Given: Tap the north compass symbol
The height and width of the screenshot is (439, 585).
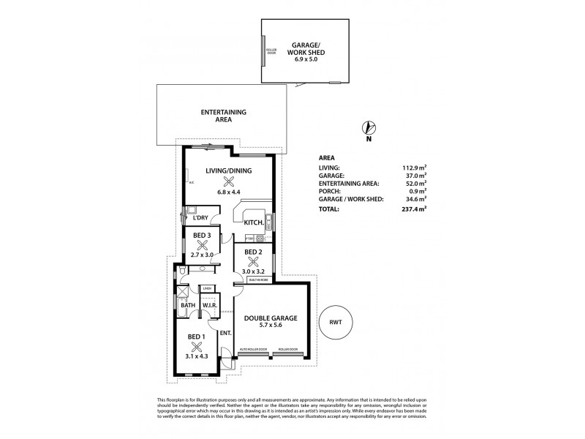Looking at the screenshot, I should pos(369,128).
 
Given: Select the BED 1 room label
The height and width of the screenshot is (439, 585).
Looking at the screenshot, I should pos(196,337).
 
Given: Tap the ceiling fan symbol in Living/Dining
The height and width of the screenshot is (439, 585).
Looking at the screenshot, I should pos(229,183).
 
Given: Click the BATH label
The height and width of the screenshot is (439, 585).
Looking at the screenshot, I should pos(178,304).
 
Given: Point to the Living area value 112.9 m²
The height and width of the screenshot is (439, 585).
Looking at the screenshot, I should pos(412,168).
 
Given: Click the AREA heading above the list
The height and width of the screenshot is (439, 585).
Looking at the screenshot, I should pos(327,157).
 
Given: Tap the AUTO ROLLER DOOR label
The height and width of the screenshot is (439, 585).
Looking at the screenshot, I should pos(253,350).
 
